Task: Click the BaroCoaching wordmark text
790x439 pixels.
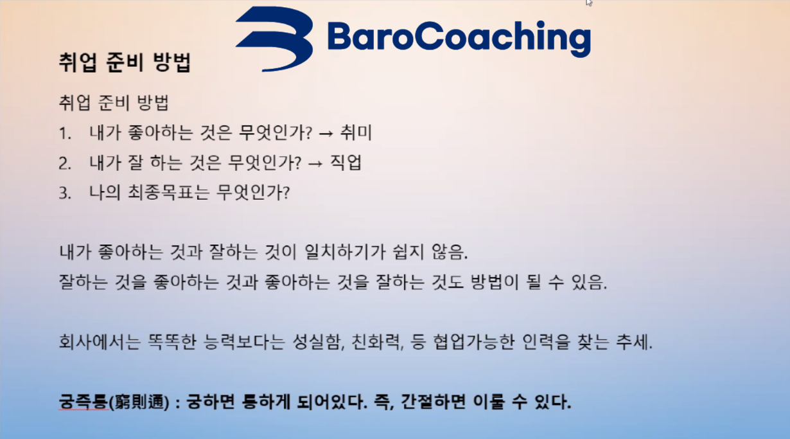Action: pyautogui.click(x=459, y=38)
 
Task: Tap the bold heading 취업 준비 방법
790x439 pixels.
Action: pyautogui.click(x=125, y=62)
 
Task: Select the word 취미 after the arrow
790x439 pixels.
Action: pyautogui.click(x=356, y=133)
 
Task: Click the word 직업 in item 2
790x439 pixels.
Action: pyautogui.click(x=346, y=163)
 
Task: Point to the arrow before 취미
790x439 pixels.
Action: pyautogui.click(x=326, y=134)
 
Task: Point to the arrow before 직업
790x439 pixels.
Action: pyautogui.click(x=315, y=163)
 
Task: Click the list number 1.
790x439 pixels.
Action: pyautogui.click(x=65, y=134)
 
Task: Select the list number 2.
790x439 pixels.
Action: pyautogui.click(x=65, y=164)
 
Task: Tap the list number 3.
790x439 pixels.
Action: pyautogui.click(x=65, y=193)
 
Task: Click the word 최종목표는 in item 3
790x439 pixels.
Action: pyautogui.click(x=168, y=193)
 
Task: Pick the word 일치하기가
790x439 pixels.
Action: pyautogui.click(x=344, y=252)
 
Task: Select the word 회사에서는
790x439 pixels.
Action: pyautogui.click(x=100, y=341)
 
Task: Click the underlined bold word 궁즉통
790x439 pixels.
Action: pyautogui.click(x=83, y=401)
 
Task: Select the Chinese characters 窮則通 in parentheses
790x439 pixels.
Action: pyautogui.click(x=139, y=402)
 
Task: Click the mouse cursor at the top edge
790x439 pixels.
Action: pyautogui.click(x=588, y=2)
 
